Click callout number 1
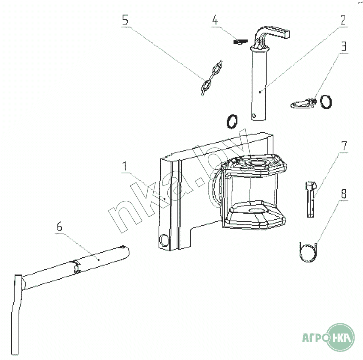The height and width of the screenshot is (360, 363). point(125,166)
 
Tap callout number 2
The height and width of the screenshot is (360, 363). point(342,21)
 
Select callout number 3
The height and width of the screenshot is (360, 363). point(343,47)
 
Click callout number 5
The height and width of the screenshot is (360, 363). point(125,21)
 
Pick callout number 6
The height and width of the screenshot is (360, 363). point(59,227)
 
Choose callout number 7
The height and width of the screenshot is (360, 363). point(343,146)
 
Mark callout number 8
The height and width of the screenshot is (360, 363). point(343,194)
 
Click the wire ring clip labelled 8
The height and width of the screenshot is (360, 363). point(309,251)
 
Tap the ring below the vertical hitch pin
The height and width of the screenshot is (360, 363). point(232,121)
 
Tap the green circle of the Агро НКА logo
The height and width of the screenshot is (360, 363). point(340,337)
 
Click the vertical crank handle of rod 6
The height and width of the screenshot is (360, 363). point(17,314)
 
